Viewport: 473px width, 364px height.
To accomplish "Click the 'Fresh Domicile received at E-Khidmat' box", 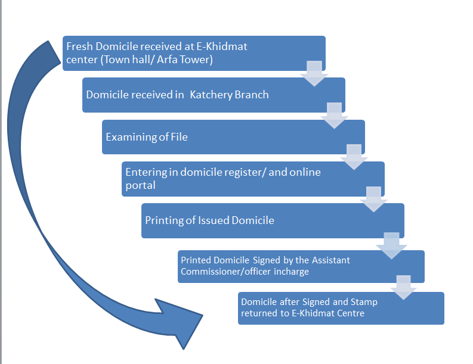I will [194, 53].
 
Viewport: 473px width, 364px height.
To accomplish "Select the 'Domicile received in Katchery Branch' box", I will [214, 95].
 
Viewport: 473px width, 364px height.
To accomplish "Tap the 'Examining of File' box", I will [233, 137].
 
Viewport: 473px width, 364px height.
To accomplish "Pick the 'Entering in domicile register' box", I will [253, 179].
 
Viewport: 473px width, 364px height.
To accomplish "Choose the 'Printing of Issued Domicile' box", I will [273, 220].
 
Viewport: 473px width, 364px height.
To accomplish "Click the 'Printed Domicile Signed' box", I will [302, 266].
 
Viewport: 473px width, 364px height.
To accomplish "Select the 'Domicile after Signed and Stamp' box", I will [341, 308].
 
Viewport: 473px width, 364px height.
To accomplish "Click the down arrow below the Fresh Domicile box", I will [315, 73].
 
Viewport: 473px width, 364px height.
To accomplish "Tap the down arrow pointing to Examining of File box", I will [335, 115].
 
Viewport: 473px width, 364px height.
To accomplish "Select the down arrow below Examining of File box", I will [354, 157].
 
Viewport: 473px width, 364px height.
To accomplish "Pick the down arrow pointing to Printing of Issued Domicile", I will [374, 199].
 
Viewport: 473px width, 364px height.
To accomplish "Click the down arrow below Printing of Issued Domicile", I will [391, 245].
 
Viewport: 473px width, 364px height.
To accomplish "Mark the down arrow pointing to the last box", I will [404, 287].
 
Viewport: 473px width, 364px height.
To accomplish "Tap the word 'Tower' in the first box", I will [197, 60].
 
